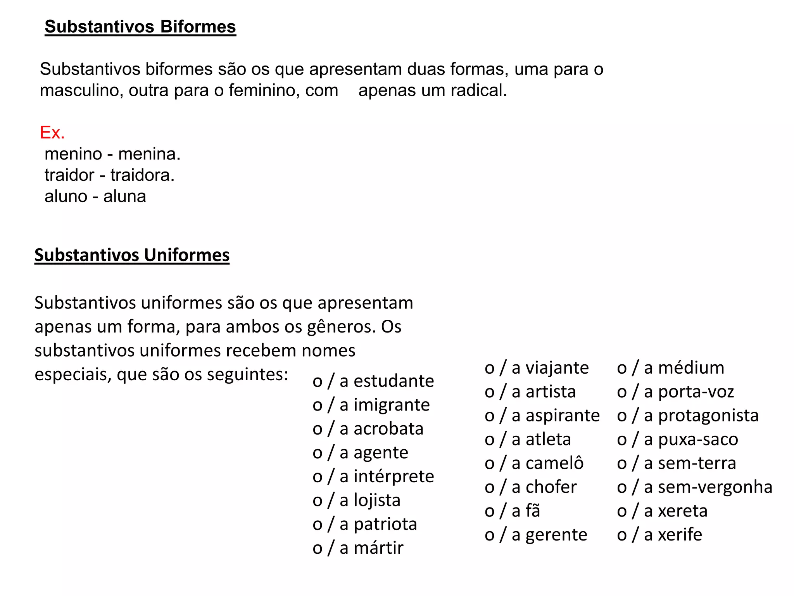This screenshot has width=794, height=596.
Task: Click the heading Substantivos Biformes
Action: [140, 27]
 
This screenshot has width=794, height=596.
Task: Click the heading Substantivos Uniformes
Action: [132, 255]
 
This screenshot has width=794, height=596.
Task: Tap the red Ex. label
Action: [52, 133]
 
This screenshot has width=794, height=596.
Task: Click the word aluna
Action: [124, 196]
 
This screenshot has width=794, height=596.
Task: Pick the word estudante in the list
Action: [394, 381]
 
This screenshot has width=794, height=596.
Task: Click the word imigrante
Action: [392, 405]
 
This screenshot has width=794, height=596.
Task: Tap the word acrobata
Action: [388, 429]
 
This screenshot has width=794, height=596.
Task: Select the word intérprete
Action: [394, 476]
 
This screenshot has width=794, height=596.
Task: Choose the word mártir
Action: [378, 548]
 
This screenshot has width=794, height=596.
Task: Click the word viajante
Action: [557, 367]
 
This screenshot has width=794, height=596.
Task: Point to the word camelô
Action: [554, 463]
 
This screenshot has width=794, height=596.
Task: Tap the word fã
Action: [533, 511]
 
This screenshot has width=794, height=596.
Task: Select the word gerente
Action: [556, 535]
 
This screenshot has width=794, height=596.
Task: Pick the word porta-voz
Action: [696, 392]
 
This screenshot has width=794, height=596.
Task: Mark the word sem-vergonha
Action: [715, 487]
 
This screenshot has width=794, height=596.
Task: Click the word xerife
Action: [680, 535]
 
